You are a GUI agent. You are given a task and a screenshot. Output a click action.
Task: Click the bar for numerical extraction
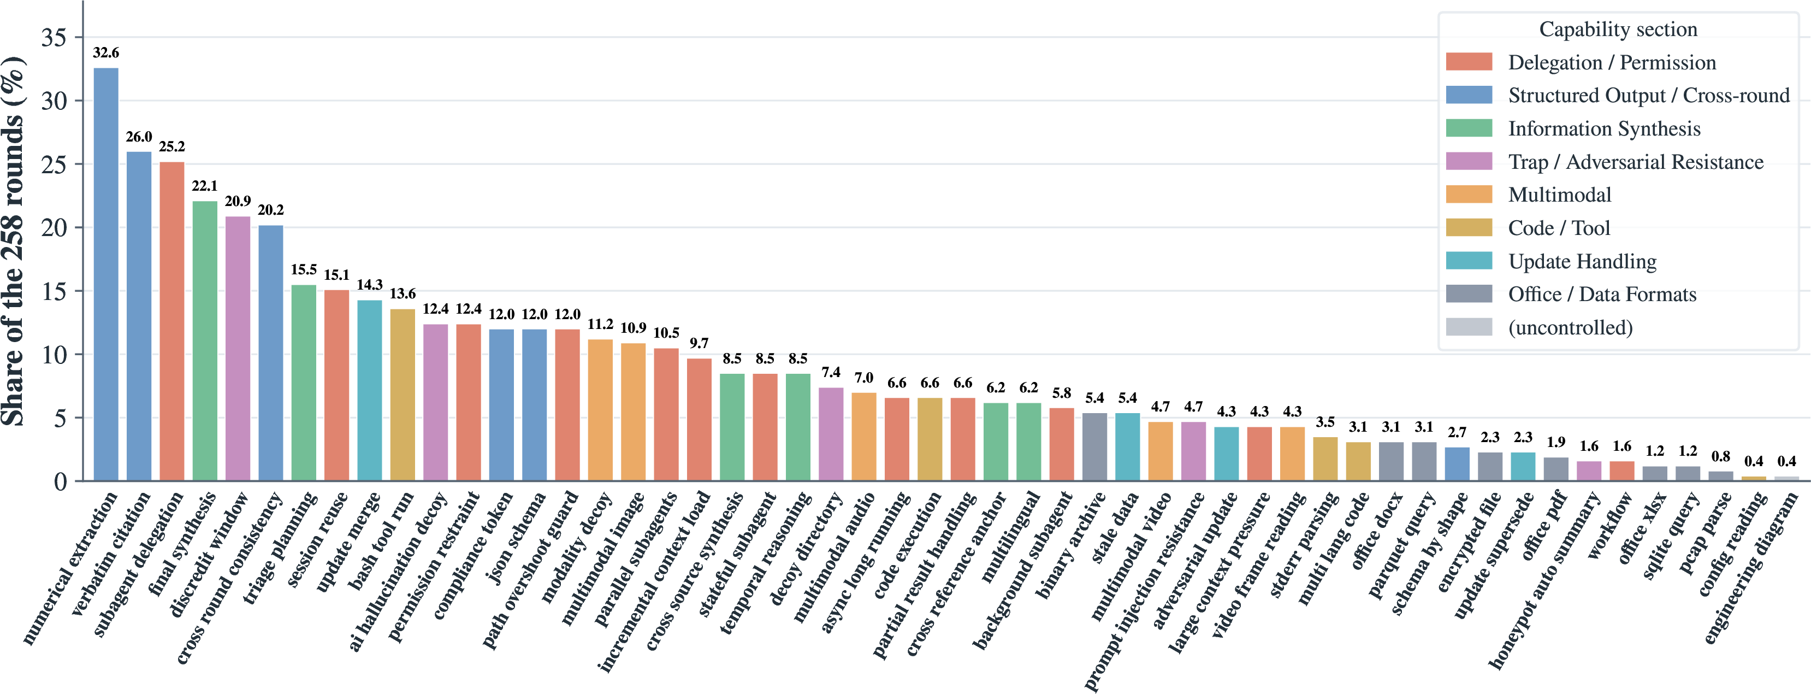click(106, 274)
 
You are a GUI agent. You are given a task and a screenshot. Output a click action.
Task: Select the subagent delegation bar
click(172, 321)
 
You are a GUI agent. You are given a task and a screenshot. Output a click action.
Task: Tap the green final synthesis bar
click(205, 341)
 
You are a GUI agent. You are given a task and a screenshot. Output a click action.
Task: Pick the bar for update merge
click(370, 390)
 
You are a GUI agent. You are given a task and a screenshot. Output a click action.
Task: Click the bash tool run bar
click(403, 395)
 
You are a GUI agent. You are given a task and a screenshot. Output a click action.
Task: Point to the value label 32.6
click(106, 53)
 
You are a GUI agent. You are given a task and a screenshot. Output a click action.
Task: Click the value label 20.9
click(238, 201)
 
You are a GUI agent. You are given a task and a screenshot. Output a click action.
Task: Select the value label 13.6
click(403, 293)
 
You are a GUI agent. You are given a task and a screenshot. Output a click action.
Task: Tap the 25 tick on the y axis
click(54, 164)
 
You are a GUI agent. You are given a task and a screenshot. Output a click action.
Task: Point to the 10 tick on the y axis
click(54, 355)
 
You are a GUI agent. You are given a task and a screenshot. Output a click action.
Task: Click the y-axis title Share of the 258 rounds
click(13, 241)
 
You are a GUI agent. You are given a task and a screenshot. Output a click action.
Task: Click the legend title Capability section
click(1618, 29)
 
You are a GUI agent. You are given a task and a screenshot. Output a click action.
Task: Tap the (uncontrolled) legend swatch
click(1469, 327)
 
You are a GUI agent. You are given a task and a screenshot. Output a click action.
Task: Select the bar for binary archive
click(1094, 447)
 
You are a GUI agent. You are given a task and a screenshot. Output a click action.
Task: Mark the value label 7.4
click(831, 372)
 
